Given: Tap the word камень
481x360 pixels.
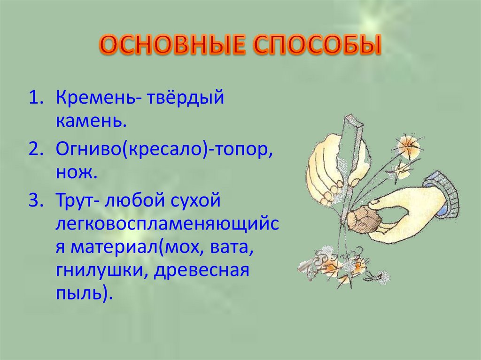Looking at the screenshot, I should [x=91, y=122].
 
